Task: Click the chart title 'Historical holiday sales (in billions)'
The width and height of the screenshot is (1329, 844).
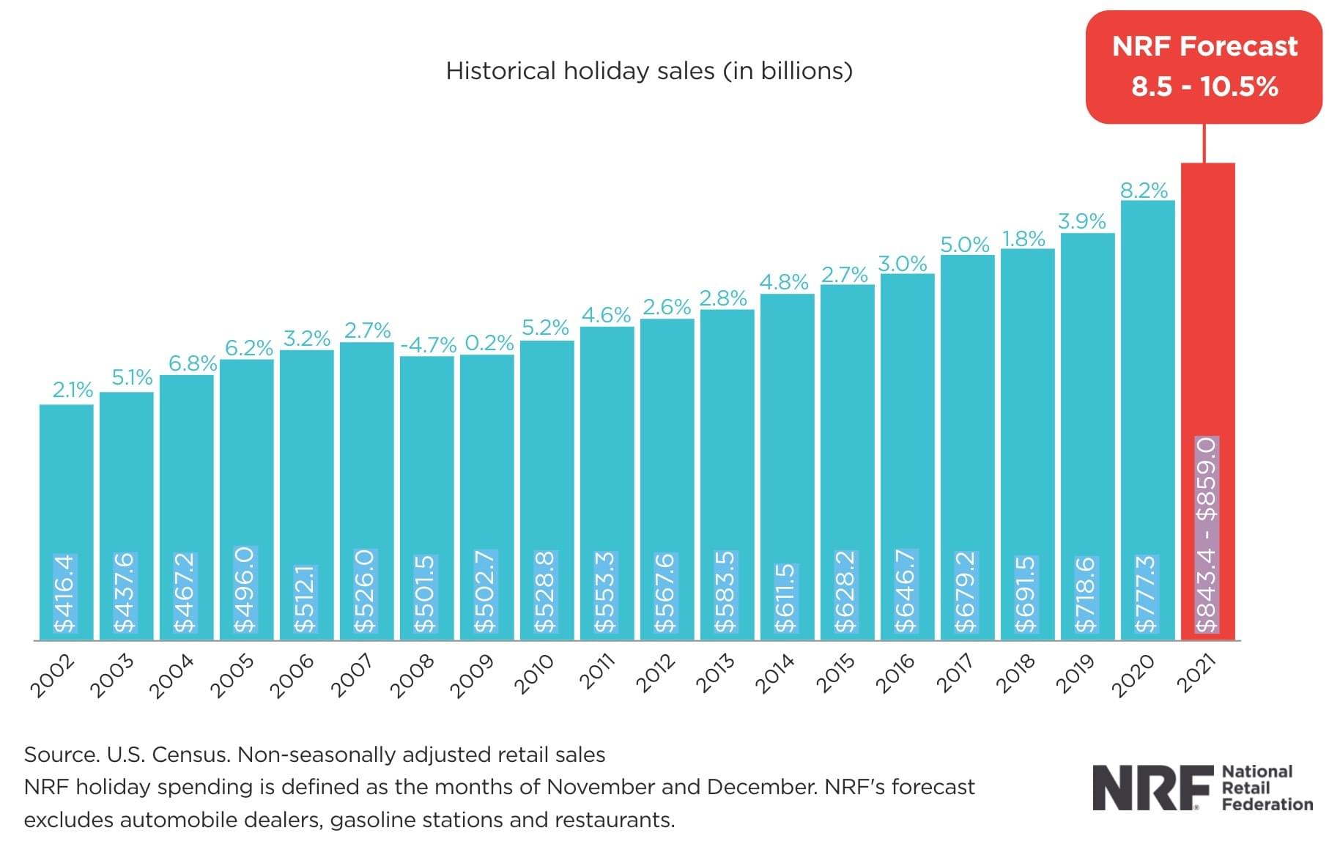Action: tap(649, 71)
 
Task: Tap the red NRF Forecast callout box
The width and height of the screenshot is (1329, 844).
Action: tap(1204, 67)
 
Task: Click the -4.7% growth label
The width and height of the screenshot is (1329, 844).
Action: tap(428, 344)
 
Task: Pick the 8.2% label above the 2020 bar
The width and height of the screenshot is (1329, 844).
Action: tap(1144, 190)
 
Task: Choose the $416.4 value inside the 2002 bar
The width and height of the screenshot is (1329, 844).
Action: tap(65, 593)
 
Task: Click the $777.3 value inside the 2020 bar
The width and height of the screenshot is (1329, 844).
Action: tap(1146, 593)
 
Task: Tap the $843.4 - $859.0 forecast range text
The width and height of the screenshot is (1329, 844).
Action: tap(1207, 535)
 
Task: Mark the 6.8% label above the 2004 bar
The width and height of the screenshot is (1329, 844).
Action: tap(193, 363)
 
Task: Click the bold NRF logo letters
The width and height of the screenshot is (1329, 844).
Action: tap(1152, 788)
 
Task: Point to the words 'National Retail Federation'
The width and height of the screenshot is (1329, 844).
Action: tap(1267, 788)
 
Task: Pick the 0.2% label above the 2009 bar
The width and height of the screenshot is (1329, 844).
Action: tap(489, 343)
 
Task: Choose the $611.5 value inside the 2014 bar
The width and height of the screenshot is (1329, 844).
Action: tap(786, 597)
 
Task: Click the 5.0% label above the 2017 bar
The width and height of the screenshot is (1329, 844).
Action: tap(964, 244)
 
